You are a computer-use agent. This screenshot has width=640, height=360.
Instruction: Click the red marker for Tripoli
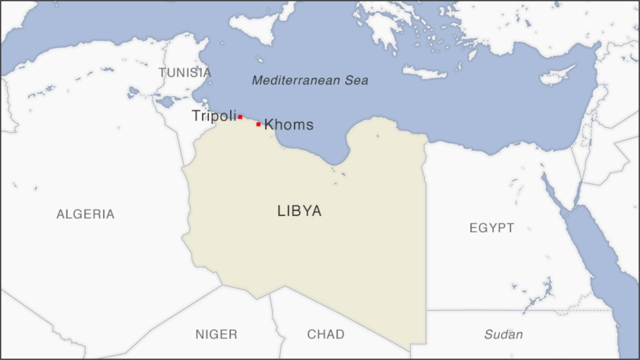pyautogui.click(x=240, y=116)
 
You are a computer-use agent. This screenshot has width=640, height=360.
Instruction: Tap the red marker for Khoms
pyautogui.click(x=258, y=124)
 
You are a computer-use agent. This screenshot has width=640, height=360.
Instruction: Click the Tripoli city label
pyautogui.click(x=213, y=116)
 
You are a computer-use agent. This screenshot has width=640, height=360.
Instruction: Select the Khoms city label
pyautogui.click(x=289, y=125)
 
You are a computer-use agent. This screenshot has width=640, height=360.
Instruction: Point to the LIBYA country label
pyautogui.click(x=299, y=211)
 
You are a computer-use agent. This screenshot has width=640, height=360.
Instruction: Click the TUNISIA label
pyautogui.click(x=185, y=73)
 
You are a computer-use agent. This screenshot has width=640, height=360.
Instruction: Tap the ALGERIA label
pyautogui.click(x=85, y=214)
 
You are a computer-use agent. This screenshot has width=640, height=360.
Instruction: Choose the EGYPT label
pyautogui.click(x=492, y=228)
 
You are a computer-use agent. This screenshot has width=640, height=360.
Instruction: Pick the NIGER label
pyautogui.click(x=216, y=334)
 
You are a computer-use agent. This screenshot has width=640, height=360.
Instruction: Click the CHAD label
pyautogui.click(x=325, y=334)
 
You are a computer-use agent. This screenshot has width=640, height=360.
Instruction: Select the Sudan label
pyautogui.click(x=503, y=334)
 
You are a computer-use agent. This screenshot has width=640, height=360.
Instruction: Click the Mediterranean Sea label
pyautogui.click(x=310, y=81)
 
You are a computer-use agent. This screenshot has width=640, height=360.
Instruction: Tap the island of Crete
pyautogui.click(x=425, y=73)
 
